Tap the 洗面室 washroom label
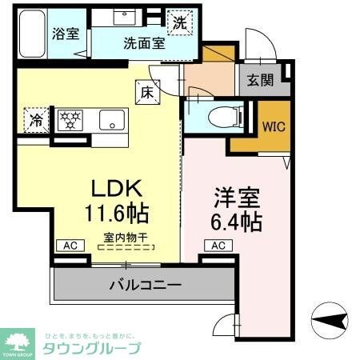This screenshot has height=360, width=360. [144, 44]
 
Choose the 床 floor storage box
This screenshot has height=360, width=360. [148, 90]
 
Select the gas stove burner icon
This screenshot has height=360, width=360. [70, 121]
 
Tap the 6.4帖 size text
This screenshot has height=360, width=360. [238, 221]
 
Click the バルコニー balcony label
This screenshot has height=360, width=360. [144, 284]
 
